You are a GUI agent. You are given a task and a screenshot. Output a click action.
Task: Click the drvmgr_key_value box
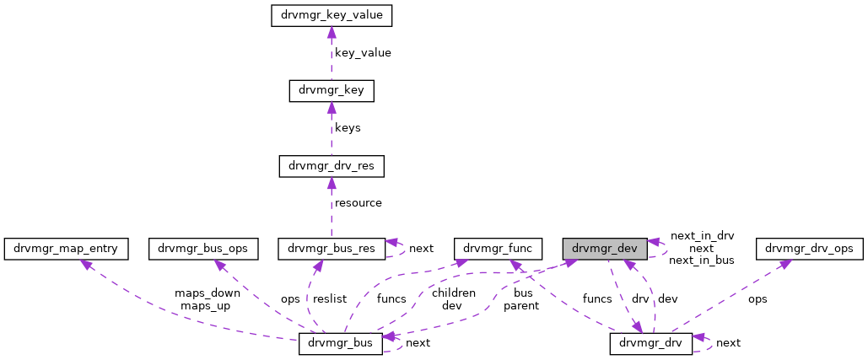coord(332,16)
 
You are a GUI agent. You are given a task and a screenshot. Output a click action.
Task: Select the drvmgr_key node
coord(332,90)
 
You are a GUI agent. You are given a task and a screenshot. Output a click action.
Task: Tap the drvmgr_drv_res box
coord(332,165)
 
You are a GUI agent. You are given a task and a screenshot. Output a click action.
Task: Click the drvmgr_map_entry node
coord(67,248)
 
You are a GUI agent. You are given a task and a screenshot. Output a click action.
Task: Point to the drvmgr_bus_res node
coord(332,248)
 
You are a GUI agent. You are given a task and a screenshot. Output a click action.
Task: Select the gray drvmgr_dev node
coord(606,248)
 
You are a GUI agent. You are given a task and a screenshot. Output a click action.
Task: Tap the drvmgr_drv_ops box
coord(810,248)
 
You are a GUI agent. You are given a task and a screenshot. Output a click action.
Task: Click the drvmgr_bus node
coord(341,344)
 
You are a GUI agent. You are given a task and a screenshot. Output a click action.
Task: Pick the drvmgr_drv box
coord(650,343)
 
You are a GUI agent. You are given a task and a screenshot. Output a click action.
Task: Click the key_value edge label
coord(363,52)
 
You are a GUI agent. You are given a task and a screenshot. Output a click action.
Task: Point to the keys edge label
coord(348,127)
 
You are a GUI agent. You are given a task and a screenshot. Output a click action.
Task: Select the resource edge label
coord(359,202)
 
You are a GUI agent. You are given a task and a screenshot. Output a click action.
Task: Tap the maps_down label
coord(208,293)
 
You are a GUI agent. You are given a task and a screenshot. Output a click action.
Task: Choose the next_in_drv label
coord(702,237)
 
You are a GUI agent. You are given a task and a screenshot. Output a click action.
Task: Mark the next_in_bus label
coord(701,261)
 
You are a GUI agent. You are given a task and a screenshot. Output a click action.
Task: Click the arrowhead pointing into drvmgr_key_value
coord(332,32)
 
